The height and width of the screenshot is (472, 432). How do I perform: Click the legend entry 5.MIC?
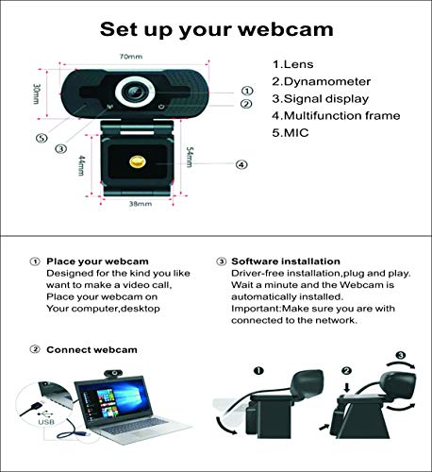[291, 133]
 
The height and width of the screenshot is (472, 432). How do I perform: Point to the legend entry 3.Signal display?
[321, 98]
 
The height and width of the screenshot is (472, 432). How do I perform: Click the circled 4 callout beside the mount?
[241, 164]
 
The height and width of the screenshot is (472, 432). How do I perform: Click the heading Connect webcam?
[91, 349]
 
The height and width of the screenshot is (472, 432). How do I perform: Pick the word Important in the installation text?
[257, 307]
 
